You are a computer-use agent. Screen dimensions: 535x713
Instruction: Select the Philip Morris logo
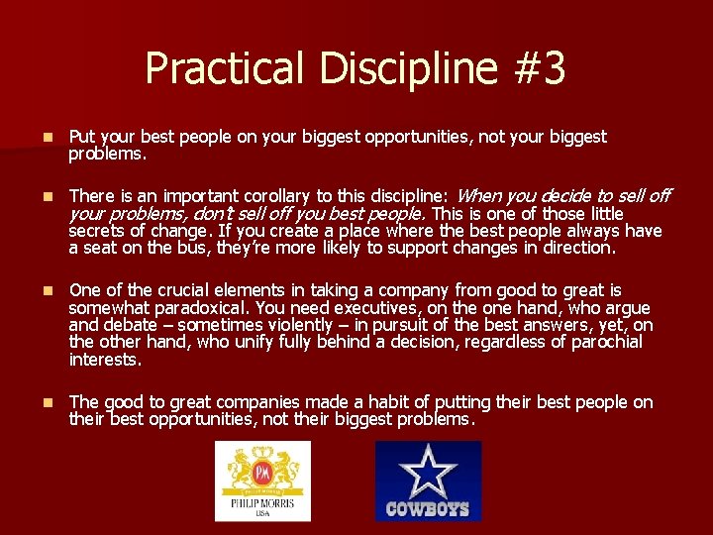click(x=262, y=481)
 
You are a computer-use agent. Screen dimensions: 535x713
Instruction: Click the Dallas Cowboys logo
click(x=428, y=481)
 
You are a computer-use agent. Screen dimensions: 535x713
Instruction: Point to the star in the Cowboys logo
click(x=428, y=471)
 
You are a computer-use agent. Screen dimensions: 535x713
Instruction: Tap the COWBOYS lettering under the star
click(x=428, y=509)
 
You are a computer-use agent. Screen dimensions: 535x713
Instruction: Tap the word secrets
click(x=97, y=231)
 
